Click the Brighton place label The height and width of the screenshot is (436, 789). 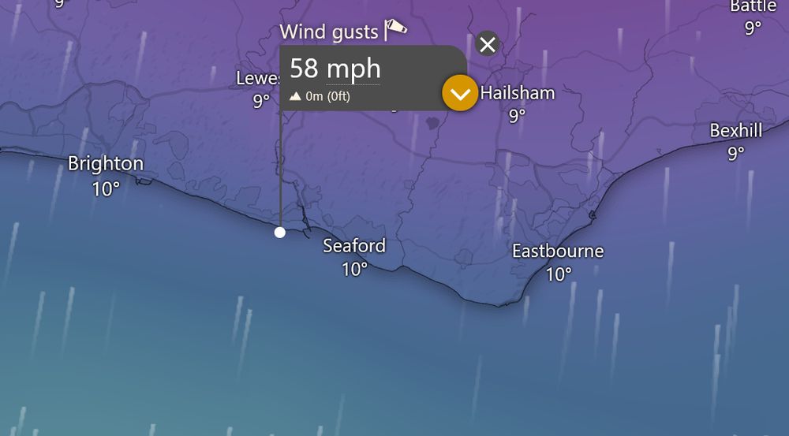coord(106,164)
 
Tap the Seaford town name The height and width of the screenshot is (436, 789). coord(354,246)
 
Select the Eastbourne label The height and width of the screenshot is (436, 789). coord(558,252)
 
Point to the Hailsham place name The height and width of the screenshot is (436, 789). coord(518,93)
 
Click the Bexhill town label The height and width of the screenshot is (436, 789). coord(736,131)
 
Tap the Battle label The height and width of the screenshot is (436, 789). coord(753,6)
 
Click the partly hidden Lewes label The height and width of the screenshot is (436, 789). coord(258,79)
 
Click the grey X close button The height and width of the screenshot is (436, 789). coord(488,44)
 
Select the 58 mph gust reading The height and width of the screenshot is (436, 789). coord(335,69)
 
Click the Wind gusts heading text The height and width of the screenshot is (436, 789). coord(329,32)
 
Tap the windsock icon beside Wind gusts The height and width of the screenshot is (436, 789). coord(396,29)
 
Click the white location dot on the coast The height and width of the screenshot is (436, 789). coord(280,232)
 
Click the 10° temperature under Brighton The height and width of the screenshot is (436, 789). coord(106,189)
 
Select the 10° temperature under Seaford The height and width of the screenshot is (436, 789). coord(354,270)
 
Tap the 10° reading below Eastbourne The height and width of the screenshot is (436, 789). coord(558,274)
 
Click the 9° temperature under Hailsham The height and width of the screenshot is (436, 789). coord(517,116)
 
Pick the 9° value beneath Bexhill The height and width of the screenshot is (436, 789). coord(736,154)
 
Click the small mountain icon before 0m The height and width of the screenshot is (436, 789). coord(296,97)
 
